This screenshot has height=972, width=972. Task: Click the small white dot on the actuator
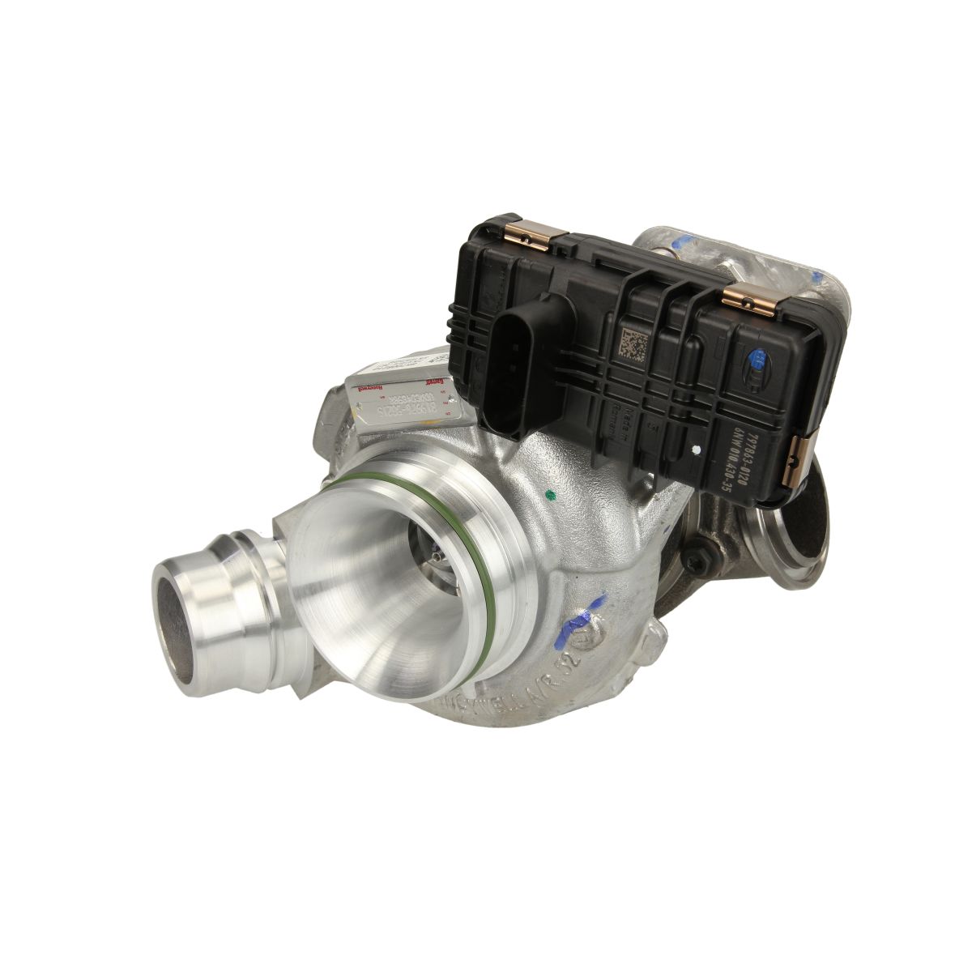(694, 446)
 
